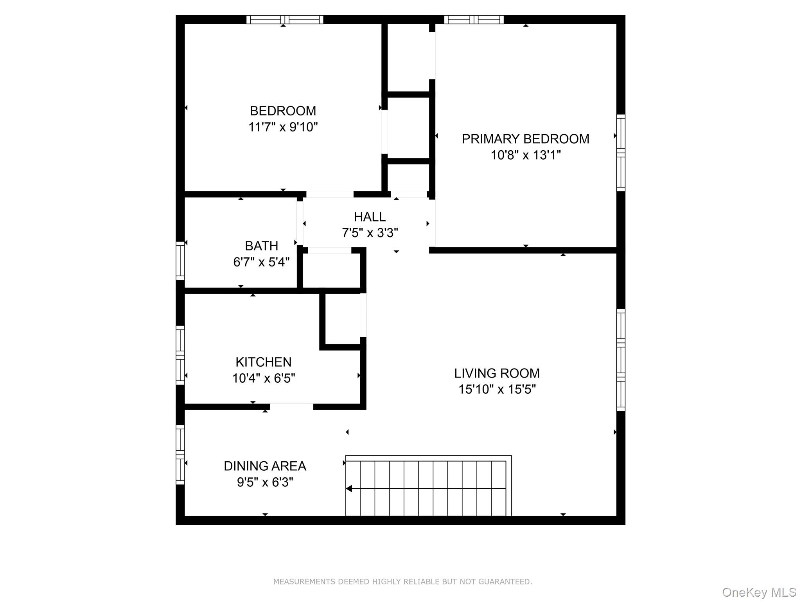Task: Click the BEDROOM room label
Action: (x=283, y=111)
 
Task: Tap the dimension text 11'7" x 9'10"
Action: (x=283, y=127)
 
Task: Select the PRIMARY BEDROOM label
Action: (x=525, y=139)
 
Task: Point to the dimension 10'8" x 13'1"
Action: (x=525, y=155)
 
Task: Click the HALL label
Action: (x=370, y=217)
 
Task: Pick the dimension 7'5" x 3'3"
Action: (x=370, y=233)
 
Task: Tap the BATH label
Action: (x=261, y=246)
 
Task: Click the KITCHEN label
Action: (x=263, y=362)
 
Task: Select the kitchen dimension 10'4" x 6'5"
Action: (x=263, y=378)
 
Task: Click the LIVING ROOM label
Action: (x=497, y=373)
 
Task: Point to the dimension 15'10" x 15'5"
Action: (x=497, y=390)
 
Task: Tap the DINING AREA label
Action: (x=265, y=466)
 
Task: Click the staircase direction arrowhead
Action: (x=349, y=489)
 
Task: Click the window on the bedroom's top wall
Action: (x=285, y=20)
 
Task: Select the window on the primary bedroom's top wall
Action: (x=474, y=20)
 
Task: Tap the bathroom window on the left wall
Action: (x=180, y=261)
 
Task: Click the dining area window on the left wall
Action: (x=180, y=455)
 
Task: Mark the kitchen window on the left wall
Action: (x=180, y=355)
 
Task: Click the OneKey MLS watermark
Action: (x=759, y=592)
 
